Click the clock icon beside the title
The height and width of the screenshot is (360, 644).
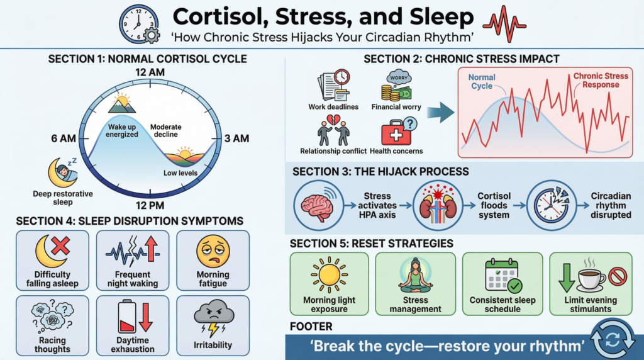139,25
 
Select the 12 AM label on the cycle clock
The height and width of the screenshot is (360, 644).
150,72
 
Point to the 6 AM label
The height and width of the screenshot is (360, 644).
64,138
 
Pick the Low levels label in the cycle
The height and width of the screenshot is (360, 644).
180,173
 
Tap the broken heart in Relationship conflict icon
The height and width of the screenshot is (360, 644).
333,120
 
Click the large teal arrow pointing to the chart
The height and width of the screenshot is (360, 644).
440,112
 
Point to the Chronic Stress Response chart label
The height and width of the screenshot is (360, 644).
601,80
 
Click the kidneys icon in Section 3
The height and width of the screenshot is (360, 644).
438,205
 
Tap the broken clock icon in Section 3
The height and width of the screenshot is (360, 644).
551,205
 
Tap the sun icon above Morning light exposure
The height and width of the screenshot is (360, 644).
329,275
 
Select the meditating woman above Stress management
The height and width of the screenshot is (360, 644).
415,274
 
